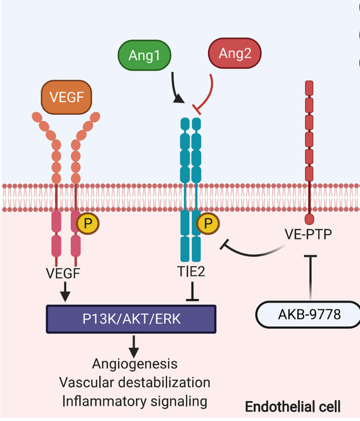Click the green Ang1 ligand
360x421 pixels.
click(144, 55)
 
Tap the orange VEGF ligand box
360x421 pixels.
click(66, 96)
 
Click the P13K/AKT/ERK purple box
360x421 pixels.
click(131, 319)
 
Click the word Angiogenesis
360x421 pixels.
click(135, 364)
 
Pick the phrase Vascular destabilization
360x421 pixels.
click(135, 382)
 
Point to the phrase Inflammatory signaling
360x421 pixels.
click(135, 401)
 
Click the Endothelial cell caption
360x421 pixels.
click(293, 407)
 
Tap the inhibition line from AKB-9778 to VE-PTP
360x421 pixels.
click(311, 277)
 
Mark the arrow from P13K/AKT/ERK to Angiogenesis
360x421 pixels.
click(133, 345)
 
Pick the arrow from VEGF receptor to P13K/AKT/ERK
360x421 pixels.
click(65, 292)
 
